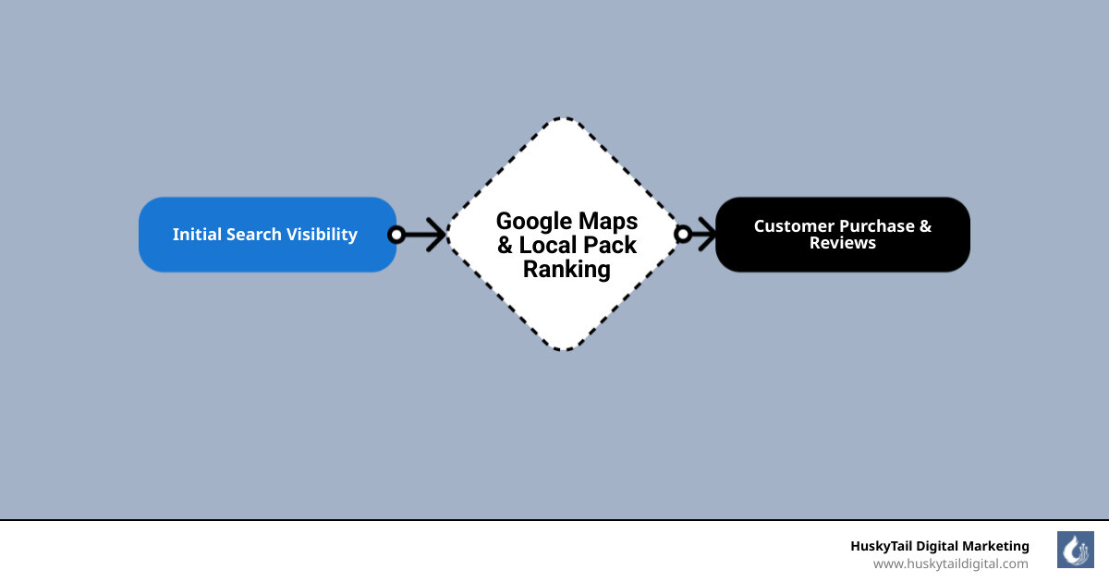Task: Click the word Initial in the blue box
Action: pyautogui.click(x=196, y=235)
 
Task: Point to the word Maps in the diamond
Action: pyautogui.click(x=608, y=222)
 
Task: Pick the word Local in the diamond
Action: pyautogui.click(x=548, y=246)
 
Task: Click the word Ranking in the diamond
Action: pyautogui.click(x=567, y=270)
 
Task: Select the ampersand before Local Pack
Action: pyautogui.click(x=506, y=246)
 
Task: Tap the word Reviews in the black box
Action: pyautogui.click(x=843, y=244)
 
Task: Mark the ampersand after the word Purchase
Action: pyautogui.click(x=925, y=226)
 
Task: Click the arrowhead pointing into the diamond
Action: pyautogui.click(x=436, y=235)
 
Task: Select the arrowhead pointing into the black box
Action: pyautogui.click(x=707, y=235)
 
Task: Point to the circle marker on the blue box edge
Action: pyautogui.click(x=396, y=235)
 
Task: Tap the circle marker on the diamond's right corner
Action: pyautogui.click(x=683, y=235)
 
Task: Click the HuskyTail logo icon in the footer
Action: pyautogui.click(x=1075, y=550)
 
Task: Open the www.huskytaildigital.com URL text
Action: pyautogui.click(x=950, y=564)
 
